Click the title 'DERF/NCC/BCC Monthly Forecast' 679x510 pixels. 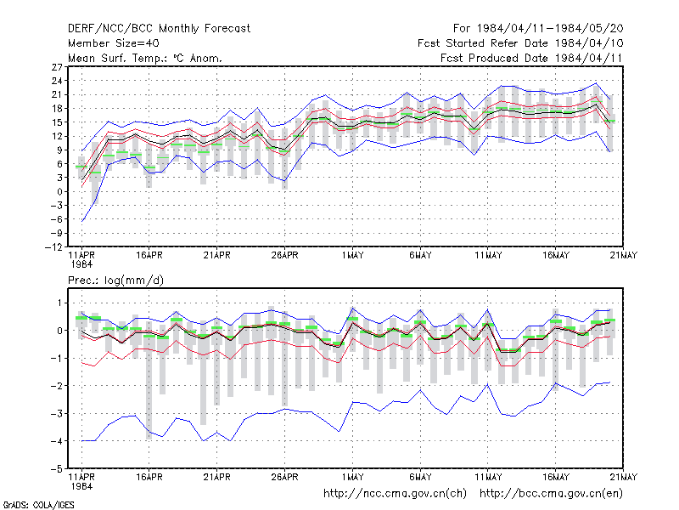[159, 29]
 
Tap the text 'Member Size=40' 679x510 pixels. [114, 43]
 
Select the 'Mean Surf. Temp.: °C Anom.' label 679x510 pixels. [145, 58]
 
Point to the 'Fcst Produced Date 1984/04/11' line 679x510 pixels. [531, 58]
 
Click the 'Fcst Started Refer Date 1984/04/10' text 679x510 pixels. [520, 43]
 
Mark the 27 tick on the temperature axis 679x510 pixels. [57, 67]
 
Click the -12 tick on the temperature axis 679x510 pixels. [53, 247]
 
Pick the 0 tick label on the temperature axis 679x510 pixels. [59, 192]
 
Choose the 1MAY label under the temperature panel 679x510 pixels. [352, 256]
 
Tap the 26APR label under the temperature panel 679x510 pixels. [284, 256]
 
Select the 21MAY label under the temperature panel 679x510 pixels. [624, 256]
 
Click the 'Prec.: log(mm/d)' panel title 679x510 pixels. [115, 280]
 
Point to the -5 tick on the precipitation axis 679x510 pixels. [57, 469]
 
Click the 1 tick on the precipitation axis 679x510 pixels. [59, 303]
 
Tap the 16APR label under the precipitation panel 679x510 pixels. [149, 477]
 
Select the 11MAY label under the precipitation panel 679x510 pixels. [488, 477]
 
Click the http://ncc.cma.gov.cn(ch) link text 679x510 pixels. [395, 494]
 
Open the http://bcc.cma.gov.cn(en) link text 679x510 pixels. [551, 494]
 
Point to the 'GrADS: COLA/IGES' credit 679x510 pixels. [38, 505]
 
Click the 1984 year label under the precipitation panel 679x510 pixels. [81, 486]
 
